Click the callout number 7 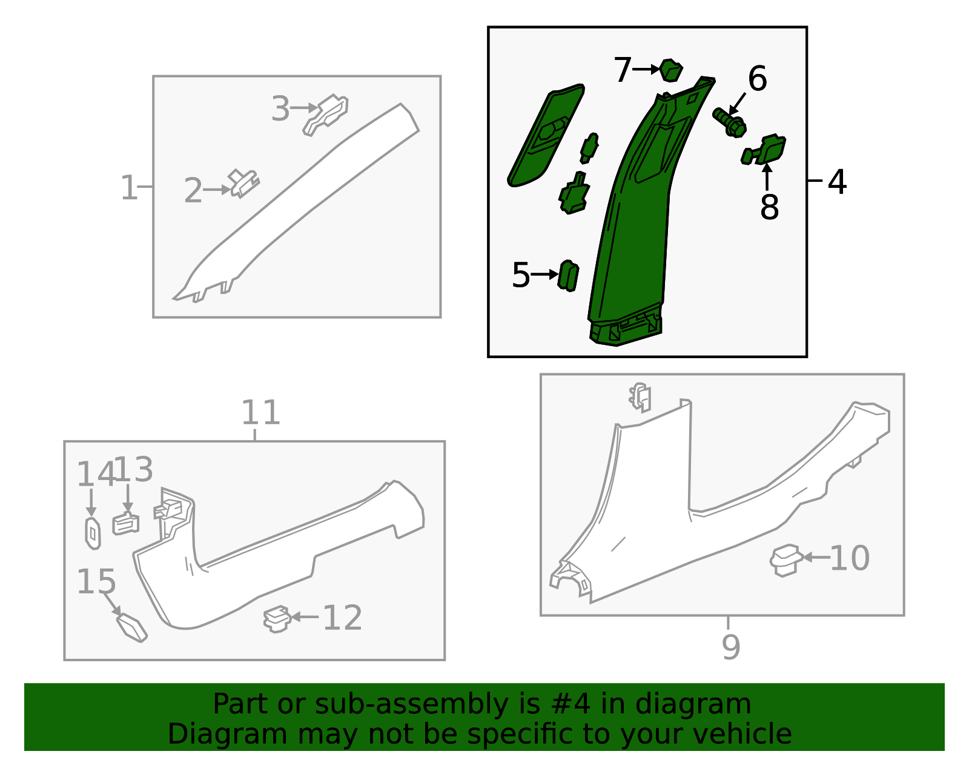[623, 70]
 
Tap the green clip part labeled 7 [670, 70]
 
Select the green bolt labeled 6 [730, 122]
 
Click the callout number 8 [769, 207]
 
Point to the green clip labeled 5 [568, 276]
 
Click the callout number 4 [837, 182]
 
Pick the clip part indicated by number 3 [326, 114]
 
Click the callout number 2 [193, 190]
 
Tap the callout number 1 [130, 188]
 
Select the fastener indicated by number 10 [785, 560]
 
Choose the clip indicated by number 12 [277, 619]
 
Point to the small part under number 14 [93, 533]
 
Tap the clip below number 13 [126, 525]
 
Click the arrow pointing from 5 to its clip [545, 275]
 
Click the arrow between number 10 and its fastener [816, 558]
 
